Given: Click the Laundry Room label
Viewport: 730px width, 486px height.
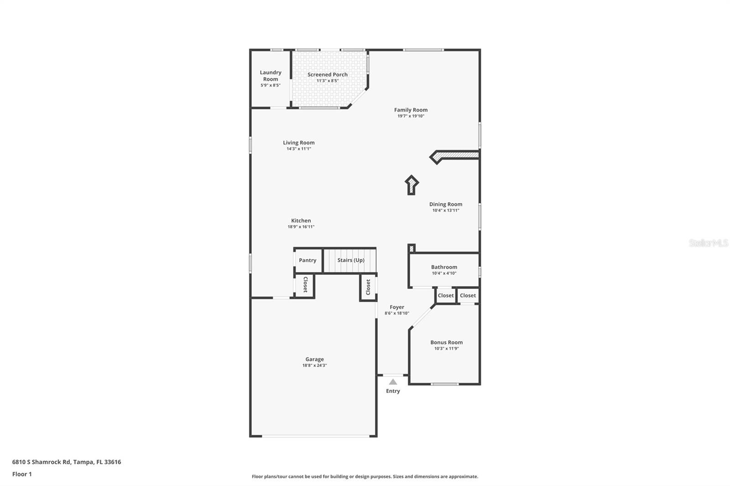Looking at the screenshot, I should (271, 76).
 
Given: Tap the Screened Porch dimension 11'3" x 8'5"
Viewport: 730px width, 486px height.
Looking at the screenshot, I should (328, 81).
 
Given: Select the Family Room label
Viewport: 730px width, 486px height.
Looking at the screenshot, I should (411, 110).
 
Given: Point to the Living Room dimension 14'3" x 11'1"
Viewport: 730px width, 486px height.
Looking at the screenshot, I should (299, 149).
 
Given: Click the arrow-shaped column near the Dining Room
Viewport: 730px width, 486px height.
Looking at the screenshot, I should (412, 185).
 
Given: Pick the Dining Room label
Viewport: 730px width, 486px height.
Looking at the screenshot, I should (446, 204).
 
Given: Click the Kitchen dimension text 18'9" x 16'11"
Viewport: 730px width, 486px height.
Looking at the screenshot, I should (301, 227).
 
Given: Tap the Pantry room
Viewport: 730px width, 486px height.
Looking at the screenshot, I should (308, 260).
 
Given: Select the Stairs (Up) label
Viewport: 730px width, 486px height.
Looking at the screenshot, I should (351, 260).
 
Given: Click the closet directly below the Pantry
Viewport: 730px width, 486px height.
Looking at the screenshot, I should (305, 285).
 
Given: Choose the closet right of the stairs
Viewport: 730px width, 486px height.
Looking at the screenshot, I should (368, 287).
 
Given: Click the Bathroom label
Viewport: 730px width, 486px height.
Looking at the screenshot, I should (444, 267).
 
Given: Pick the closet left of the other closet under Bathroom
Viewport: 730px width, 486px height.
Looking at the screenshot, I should (446, 295).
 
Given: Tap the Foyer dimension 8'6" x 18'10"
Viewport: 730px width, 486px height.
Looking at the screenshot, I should (397, 314).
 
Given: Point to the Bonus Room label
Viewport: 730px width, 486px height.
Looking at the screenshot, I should (446, 342).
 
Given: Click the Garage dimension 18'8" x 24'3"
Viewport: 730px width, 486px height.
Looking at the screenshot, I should (314, 366).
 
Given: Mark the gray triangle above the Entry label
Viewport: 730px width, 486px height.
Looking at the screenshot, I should (393, 382).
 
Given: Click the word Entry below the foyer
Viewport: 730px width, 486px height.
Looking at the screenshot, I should (393, 391).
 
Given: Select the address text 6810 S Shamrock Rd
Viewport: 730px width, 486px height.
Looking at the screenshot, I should (42, 462).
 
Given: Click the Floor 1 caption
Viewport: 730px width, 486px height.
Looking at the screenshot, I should (22, 474).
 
